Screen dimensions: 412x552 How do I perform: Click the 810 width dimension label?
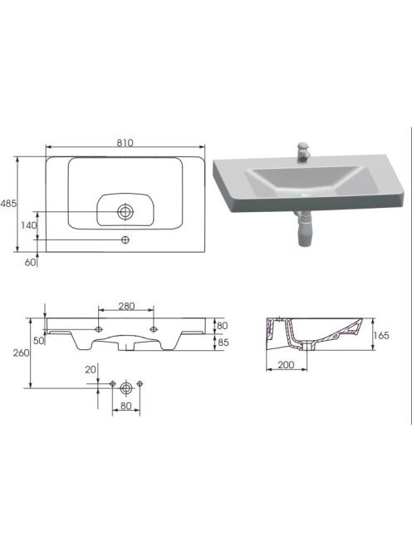tap(125, 143)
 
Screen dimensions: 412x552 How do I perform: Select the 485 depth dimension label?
tap(8, 204)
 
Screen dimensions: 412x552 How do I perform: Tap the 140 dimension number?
tap(28, 225)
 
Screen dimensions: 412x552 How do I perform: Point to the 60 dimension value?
tap(30, 262)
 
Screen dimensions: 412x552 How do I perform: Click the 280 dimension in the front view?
tap(126, 306)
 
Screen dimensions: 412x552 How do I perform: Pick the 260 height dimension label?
tap(21, 352)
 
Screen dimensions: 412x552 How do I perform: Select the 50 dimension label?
tap(39, 340)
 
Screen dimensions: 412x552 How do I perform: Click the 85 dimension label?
tap(223, 342)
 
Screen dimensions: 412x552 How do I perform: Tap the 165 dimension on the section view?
tap(381, 336)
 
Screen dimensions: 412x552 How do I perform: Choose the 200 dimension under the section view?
tap(286, 365)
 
